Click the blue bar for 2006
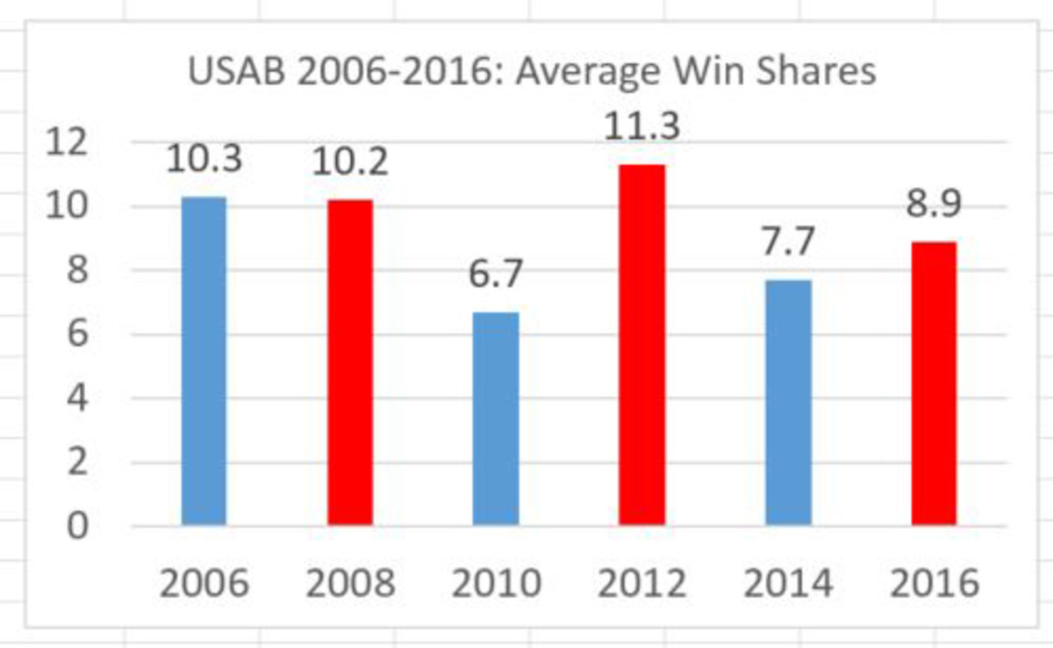click(204, 362)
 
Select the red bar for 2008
click(350, 363)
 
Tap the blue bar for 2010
click(496, 419)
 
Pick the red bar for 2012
click(641, 345)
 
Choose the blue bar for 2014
click(788, 403)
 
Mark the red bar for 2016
click(934, 384)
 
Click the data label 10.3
click(204, 162)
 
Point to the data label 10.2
click(351, 162)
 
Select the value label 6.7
click(496, 274)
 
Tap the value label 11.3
click(642, 126)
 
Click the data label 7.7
click(788, 242)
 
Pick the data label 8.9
click(934, 204)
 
